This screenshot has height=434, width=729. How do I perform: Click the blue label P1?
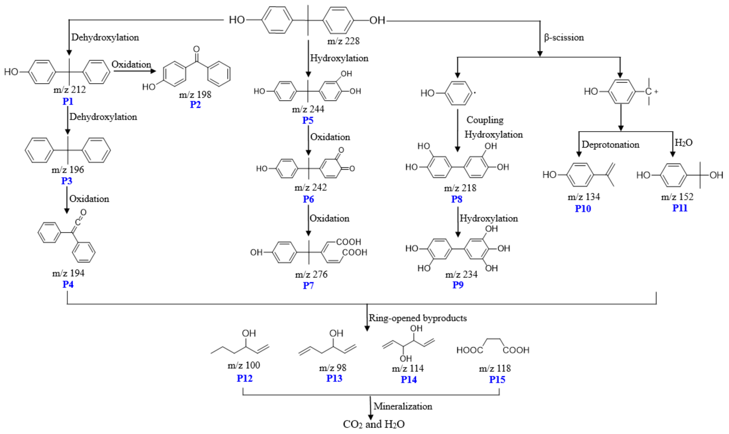pos(68,101)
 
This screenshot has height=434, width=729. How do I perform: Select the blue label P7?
pos(308,285)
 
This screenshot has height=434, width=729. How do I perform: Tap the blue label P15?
pos(497,380)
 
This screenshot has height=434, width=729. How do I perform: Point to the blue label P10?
pos(583,209)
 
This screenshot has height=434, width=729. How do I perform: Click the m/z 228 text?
pos(343,41)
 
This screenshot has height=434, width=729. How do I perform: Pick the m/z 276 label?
pos(311,274)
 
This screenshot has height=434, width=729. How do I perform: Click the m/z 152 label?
pos(677,197)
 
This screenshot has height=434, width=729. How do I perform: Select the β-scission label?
pos(564,37)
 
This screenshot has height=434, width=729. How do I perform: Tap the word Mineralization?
pos(403,406)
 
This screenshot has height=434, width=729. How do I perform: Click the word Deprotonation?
pos(610,145)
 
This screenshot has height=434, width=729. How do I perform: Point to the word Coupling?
pos(485,120)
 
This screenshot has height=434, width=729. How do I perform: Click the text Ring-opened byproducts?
pos(418,318)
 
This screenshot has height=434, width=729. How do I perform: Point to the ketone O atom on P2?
pos(197,49)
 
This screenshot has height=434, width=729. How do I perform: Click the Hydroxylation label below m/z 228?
pos(339,58)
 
